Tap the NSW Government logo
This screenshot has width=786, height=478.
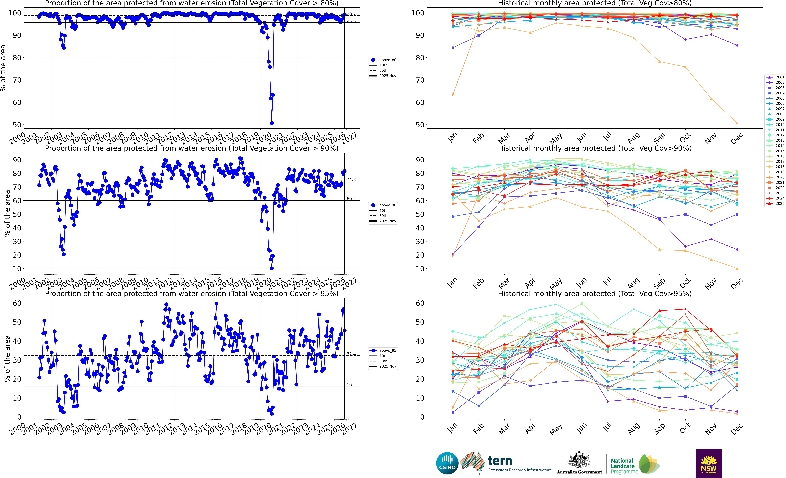pos(709,463)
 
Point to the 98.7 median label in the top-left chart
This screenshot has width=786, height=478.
pos(351,14)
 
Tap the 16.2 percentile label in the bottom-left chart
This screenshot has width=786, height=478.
pos(351,385)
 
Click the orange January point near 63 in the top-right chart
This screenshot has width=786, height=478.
pos(453,95)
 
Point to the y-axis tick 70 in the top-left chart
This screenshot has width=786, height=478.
pos(17,80)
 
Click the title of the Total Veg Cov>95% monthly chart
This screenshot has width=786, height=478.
pos(595,294)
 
